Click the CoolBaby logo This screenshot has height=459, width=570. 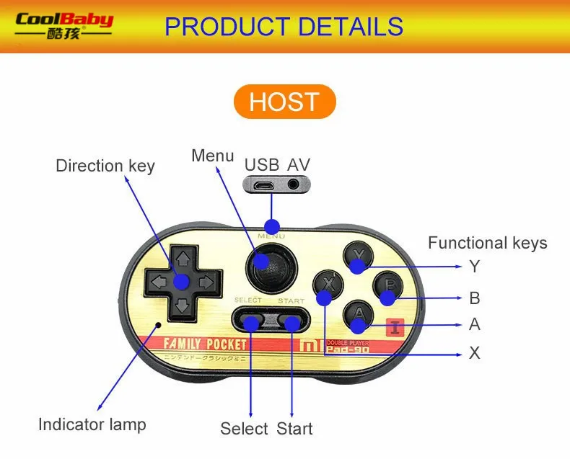click(64, 26)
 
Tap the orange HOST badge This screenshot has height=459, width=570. click(284, 102)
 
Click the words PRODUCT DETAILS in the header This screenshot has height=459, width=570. click(284, 27)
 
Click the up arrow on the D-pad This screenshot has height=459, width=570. click(183, 257)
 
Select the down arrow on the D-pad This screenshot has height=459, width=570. click(183, 307)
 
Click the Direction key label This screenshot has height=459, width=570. click(105, 166)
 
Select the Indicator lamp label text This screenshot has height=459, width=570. click(92, 424)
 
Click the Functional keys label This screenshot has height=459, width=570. click(487, 243)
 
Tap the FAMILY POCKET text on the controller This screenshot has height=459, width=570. click(206, 344)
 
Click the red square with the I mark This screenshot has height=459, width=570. click(394, 327)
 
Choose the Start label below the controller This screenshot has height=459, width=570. click(294, 429)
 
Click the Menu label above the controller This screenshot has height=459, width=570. click(213, 156)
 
